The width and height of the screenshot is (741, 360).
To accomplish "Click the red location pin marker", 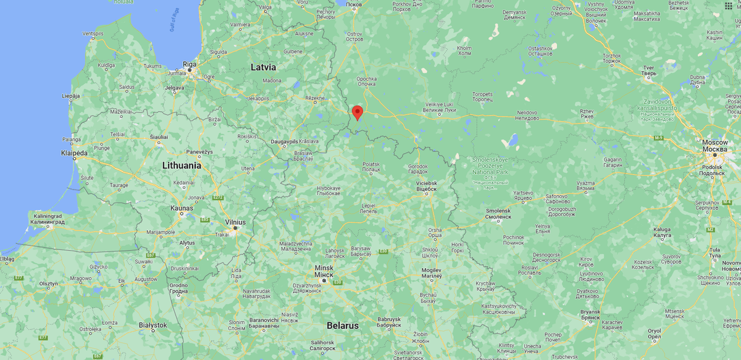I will (x=357, y=112).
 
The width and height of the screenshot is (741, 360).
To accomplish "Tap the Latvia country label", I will (x=263, y=67).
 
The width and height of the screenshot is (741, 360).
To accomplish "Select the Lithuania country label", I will (x=182, y=165).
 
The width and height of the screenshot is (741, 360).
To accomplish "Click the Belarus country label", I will (x=343, y=325).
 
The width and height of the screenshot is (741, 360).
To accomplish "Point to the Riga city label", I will (x=190, y=64).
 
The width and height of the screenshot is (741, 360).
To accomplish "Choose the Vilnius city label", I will (x=235, y=222).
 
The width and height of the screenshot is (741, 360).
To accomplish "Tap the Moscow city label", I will (x=714, y=143).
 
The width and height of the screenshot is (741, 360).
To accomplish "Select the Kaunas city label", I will (x=182, y=208).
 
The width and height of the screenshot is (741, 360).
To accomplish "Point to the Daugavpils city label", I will (x=285, y=141).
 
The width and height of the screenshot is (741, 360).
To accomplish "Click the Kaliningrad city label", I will (x=49, y=217).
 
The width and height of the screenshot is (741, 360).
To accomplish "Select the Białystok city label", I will (x=153, y=325).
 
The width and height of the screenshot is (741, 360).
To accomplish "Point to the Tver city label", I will (x=649, y=67).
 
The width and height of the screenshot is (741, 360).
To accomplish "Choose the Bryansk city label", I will (x=590, y=312).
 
